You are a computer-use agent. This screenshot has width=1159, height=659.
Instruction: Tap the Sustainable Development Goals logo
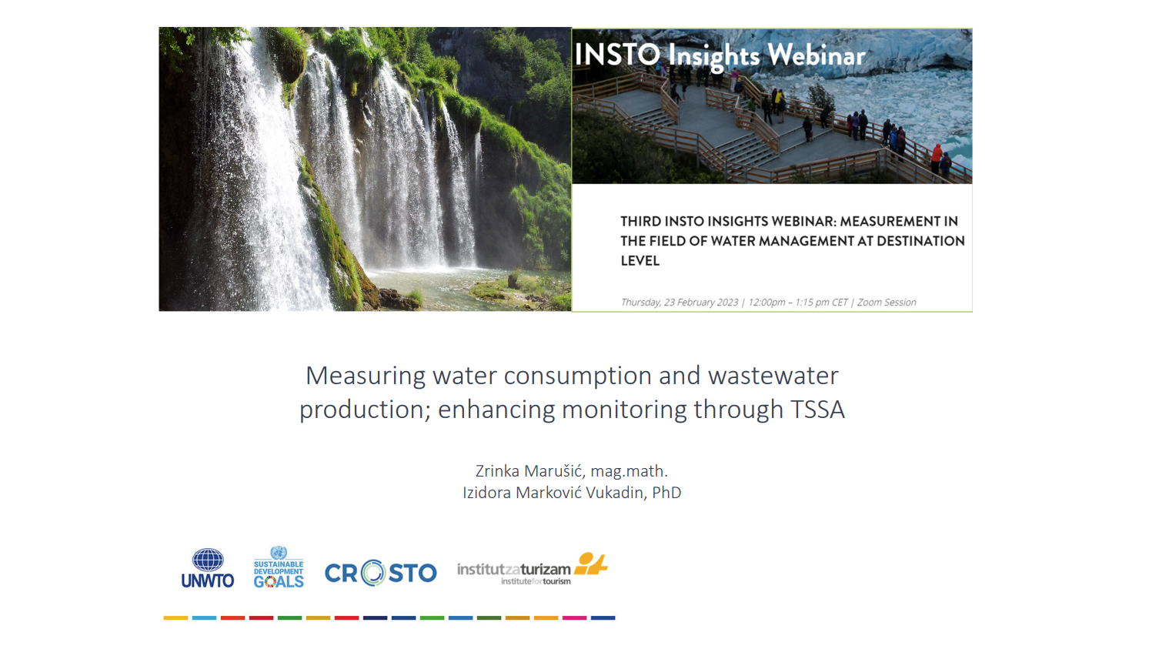pyautogui.click(x=279, y=567)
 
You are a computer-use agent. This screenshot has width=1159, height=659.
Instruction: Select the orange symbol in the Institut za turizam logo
pyautogui.click(x=591, y=564)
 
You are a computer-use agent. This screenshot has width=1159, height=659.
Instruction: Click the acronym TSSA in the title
pyautogui.click(x=817, y=410)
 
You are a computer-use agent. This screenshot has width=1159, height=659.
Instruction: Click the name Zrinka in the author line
pyautogui.click(x=497, y=471)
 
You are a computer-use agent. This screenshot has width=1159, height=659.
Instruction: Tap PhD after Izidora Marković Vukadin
pyautogui.click(x=666, y=492)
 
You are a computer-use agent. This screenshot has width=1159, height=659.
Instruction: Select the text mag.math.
pyautogui.click(x=630, y=472)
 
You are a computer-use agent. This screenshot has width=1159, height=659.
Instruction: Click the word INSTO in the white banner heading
pyautogui.click(x=617, y=55)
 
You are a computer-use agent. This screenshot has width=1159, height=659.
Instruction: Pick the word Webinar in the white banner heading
pyautogui.click(x=817, y=55)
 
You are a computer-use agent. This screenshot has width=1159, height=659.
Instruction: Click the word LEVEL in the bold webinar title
pyautogui.click(x=640, y=261)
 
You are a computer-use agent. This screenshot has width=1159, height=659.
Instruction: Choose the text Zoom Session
pyautogui.click(x=887, y=303)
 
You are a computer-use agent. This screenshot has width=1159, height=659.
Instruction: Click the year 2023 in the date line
pyautogui.click(x=727, y=303)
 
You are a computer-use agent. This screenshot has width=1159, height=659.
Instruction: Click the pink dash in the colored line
pyautogui.click(x=574, y=617)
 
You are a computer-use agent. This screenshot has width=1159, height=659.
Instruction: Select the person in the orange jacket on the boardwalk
pyautogui.click(x=937, y=159)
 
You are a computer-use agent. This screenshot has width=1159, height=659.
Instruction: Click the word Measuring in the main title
pyautogui.click(x=366, y=376)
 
